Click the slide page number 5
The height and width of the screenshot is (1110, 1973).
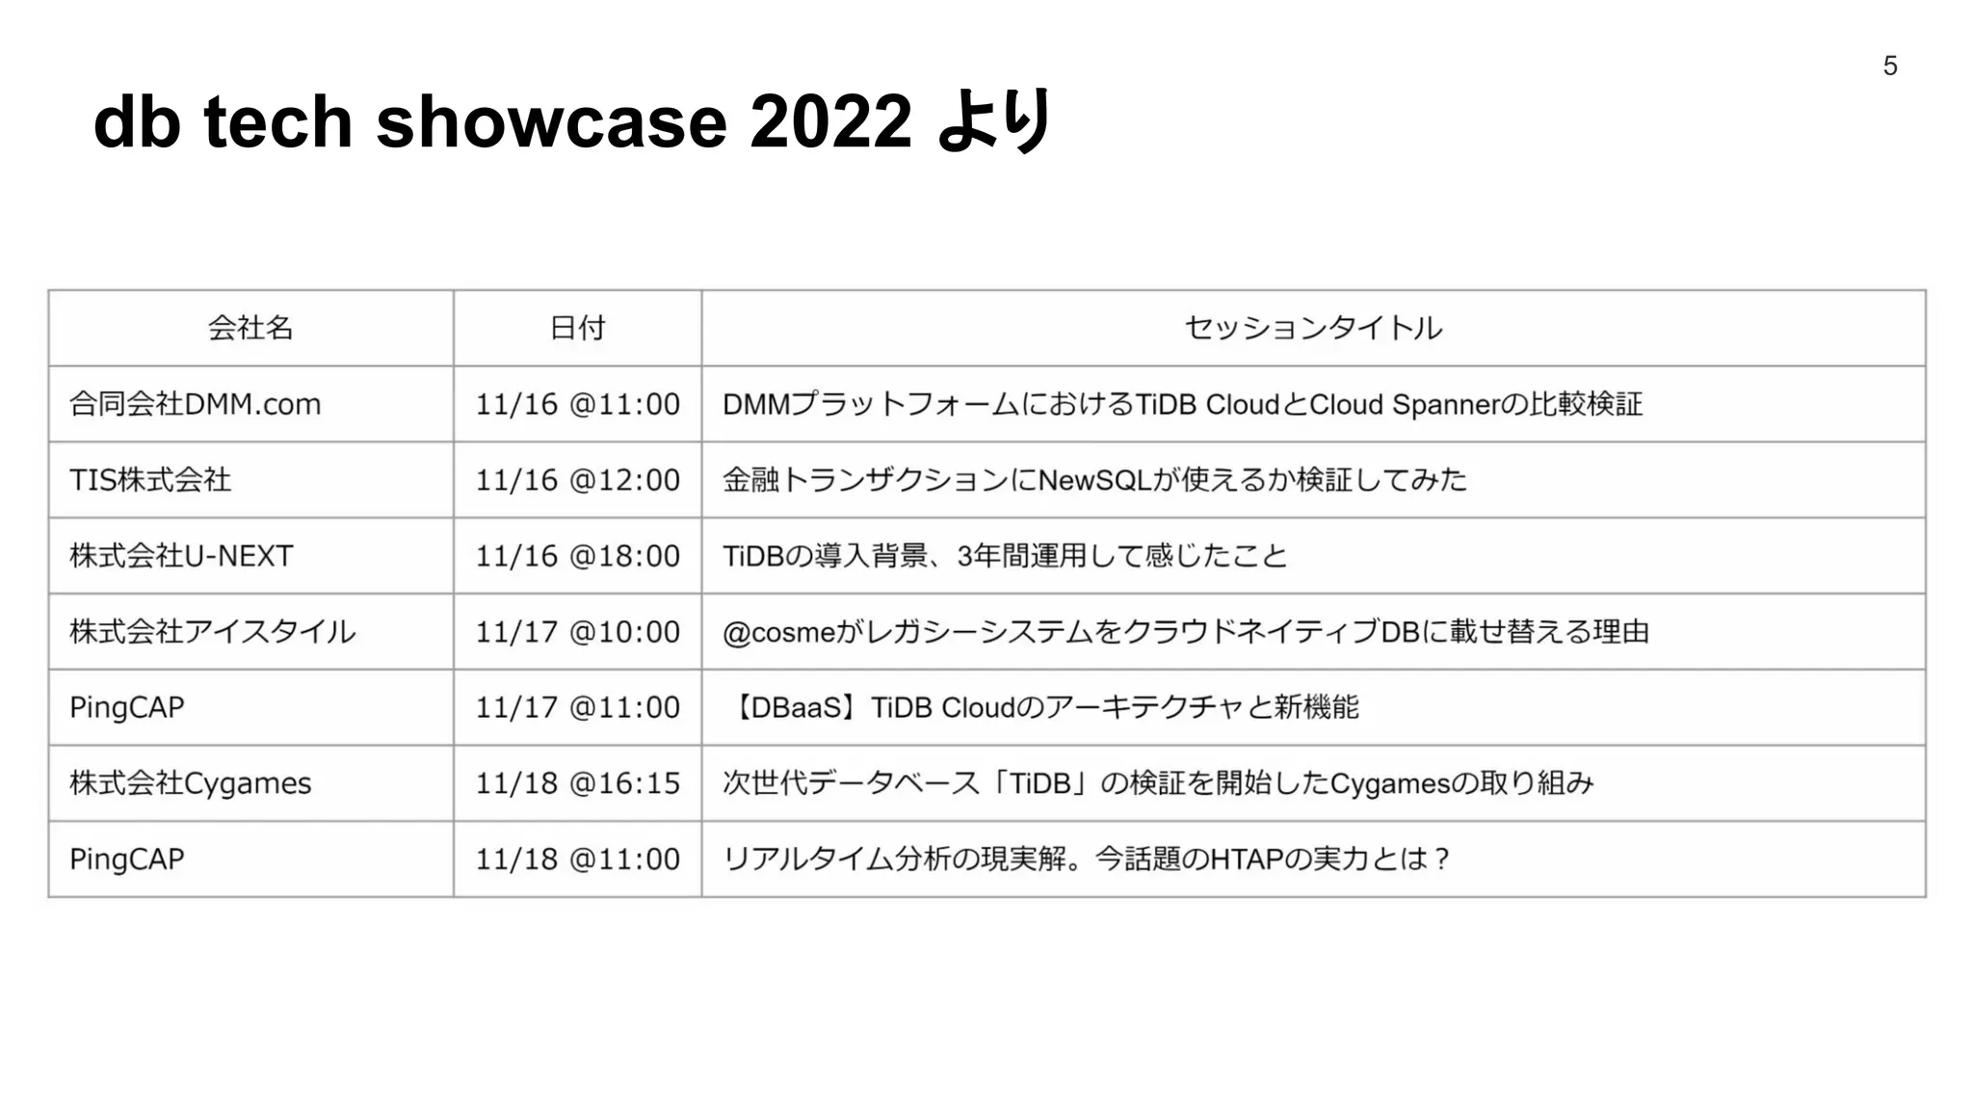pyautogui.click(x=1889, y=66)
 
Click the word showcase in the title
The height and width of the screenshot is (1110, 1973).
pyautogui.click(x=551, y=122)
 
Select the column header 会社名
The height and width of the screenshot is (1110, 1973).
pyautogui.click(x=250, y=328)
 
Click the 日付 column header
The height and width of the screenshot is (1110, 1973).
pyautogui.click(x=577, y=328)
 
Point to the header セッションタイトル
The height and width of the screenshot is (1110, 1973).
pyautogui.click(x=1313, y=328)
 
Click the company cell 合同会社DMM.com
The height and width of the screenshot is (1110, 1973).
pyautogui.click(x=195, y=404)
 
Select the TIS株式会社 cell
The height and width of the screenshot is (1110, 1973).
pyautogui.click(x=150, y=480)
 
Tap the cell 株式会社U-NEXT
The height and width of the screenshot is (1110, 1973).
pyautogui.click(x=181, y=556)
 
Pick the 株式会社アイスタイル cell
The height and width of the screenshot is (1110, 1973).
pyautogui.click(x=212, y=632)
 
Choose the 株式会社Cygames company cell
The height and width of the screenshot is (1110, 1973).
pyautogui.click(x=191, y=783)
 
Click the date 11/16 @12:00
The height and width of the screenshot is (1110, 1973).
pyautogui.click(x=577, y=480)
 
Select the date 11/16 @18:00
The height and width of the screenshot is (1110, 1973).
pyautogui.click(x=577, y=556)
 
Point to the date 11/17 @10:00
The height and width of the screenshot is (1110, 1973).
pyautogui.click(x=577, y=632)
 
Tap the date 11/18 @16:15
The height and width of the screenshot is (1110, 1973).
pyautogui.click(x=577, y=783)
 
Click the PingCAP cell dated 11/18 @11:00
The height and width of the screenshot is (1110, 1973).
pyautogui.click(x=127, y=859)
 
